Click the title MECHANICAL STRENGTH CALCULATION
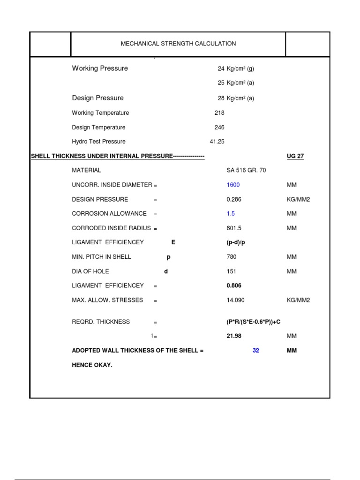178,44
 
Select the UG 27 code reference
295,156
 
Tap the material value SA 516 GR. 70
246,170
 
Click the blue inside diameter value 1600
233,185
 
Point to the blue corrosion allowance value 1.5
231,213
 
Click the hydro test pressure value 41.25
217,142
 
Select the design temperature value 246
219,127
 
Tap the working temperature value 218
219,113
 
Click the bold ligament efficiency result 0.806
234,285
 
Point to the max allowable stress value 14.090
235,300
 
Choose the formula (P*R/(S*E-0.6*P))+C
254,322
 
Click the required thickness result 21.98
234,336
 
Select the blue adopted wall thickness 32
255,350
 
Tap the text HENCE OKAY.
92,365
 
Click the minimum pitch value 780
232,257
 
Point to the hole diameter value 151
231,271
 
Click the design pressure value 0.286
234,199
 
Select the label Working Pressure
100,68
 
